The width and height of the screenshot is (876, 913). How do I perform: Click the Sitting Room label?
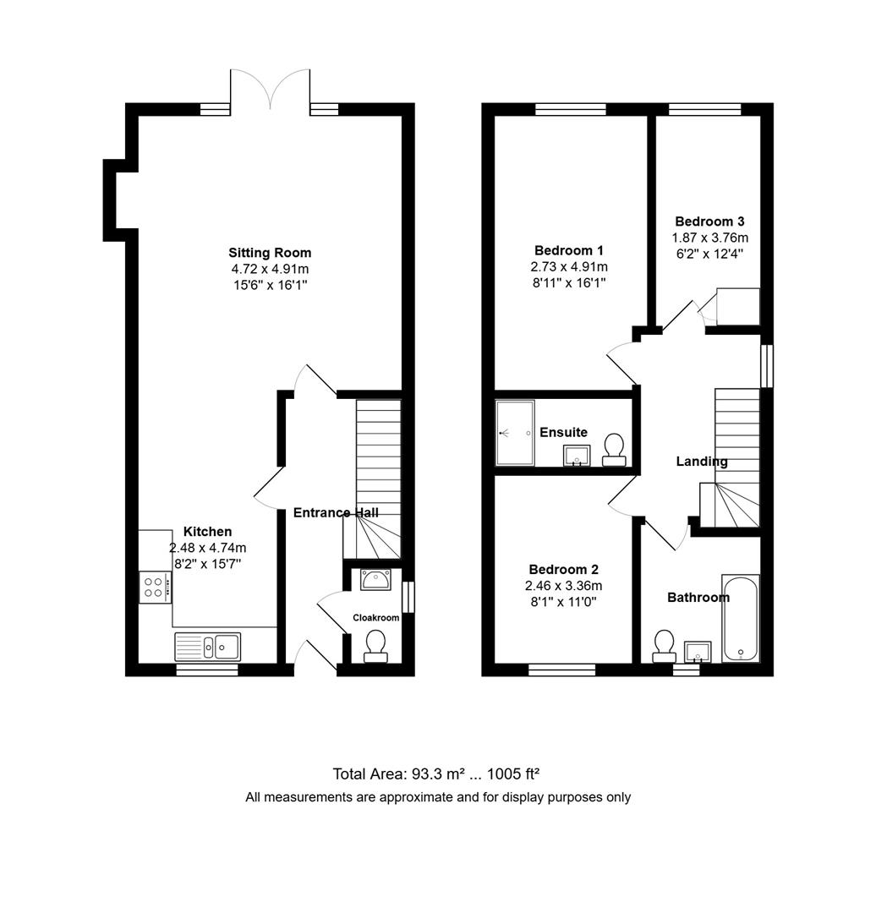270,253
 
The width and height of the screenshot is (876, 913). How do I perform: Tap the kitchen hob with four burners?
155,587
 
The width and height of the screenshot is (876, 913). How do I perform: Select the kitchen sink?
208,647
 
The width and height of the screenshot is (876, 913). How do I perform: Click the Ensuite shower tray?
515,433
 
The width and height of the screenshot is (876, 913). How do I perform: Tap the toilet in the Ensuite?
615,449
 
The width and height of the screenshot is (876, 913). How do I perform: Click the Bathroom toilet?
664,646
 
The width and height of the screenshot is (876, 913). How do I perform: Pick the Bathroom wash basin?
698,652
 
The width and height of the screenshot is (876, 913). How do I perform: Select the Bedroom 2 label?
563,569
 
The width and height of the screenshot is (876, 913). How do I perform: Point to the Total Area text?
436,774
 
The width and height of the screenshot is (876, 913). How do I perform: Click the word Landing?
702,462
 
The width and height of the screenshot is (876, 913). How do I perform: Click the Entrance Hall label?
336,512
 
